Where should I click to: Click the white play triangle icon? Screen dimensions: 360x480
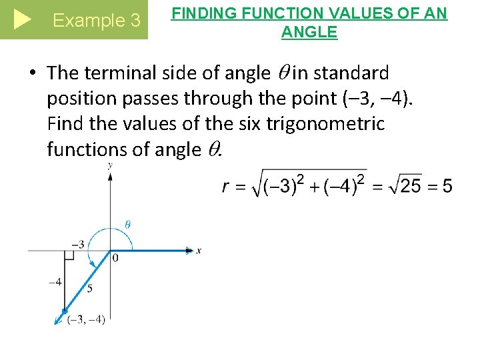coord(22,20)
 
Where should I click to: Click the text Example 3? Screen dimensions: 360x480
coord(97,21)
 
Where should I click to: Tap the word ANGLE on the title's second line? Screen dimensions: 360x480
coord(309,31)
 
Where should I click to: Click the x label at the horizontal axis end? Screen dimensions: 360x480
coord(199,251)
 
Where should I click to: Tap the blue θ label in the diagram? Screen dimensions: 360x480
coord(127,224)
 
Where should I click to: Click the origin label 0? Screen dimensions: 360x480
coord(115,258)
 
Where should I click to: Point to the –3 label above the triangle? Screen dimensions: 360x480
coord(78,244)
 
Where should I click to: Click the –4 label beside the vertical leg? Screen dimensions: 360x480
coord(55,282)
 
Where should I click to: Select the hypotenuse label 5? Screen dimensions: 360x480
coord(89,288)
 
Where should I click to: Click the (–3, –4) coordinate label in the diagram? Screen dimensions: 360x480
coord(86,319)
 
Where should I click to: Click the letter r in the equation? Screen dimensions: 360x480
coord(227,187)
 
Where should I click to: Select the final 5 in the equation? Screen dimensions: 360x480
coord(446,186)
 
